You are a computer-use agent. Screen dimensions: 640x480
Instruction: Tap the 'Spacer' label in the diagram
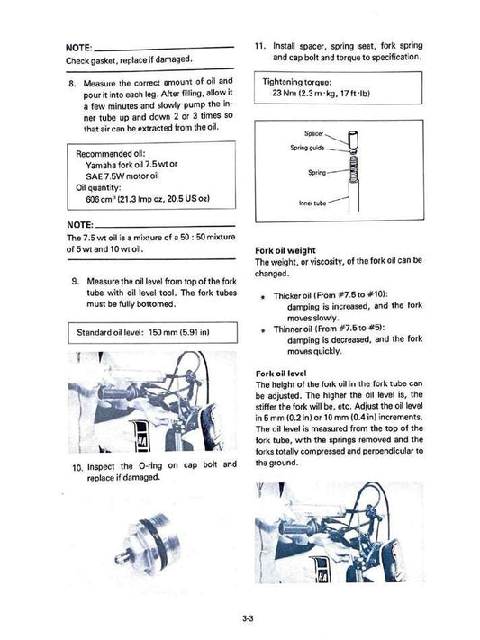pos(314,131)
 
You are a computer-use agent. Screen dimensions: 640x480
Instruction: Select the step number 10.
pos(76,467)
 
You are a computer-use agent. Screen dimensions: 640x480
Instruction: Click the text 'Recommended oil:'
pos(107,153)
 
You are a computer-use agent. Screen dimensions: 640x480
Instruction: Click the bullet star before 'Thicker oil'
pos(261,296)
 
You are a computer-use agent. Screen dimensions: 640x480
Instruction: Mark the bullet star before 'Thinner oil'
pos(261,331)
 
